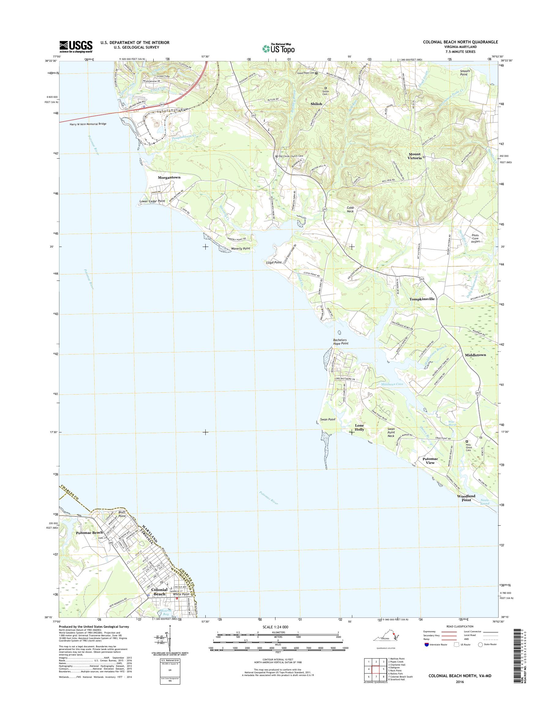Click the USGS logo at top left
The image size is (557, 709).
(x=76, y=47)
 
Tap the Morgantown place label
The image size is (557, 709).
(x=169, y=178)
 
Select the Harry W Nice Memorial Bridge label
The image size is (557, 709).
(x=88, y=124)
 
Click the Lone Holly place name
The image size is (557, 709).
(x=359, y=428)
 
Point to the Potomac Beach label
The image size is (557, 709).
(x=89, y=532)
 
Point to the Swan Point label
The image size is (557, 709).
(x=327, y=420)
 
